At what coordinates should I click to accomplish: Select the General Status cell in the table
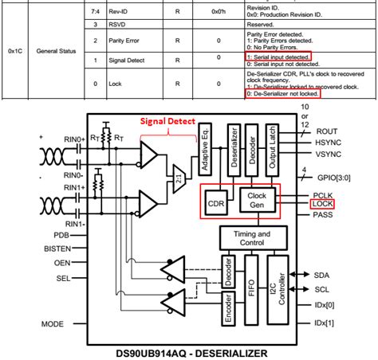tap(57, 50)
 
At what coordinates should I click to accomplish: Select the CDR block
tap(216, 203)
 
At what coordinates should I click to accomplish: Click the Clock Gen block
tap(257, 198)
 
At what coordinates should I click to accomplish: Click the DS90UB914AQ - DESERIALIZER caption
tap(191, 350)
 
